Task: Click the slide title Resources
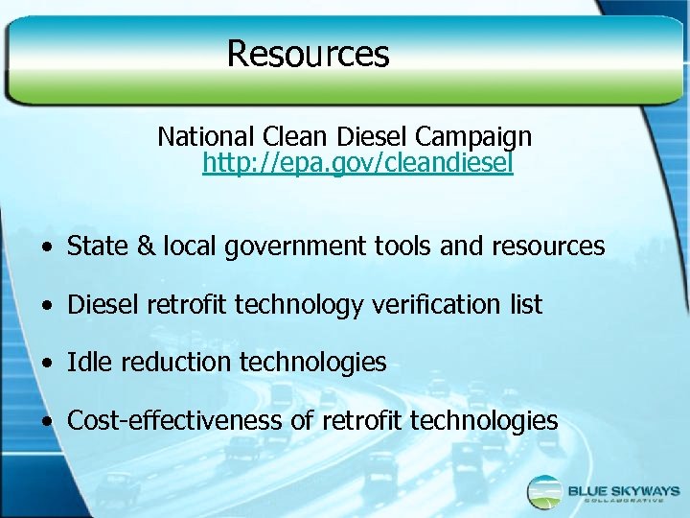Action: pos(308,53)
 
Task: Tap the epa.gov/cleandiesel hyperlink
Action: pos(357,164)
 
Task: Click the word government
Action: pos(283,247)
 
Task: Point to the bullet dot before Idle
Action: pos(46,364)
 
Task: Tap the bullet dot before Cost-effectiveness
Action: pos(46,422)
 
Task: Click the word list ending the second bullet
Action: pos(525,305)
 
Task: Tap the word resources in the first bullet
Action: pos(548,247)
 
